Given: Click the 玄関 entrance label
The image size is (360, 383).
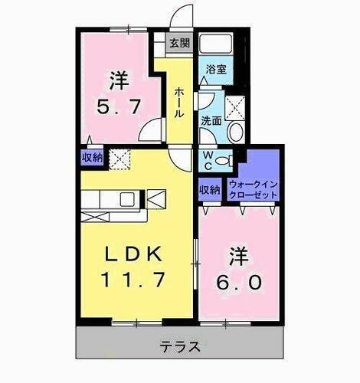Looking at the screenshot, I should pos(180,42).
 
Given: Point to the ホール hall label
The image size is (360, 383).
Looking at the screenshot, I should pos(179,102).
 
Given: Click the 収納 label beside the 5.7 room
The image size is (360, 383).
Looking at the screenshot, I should pos(92,158).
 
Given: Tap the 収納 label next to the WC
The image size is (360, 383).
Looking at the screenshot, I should pos(211,188).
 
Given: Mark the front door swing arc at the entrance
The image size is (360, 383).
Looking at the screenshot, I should pos(181,17).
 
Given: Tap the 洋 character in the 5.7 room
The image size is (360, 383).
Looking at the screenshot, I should pos(117,78).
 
